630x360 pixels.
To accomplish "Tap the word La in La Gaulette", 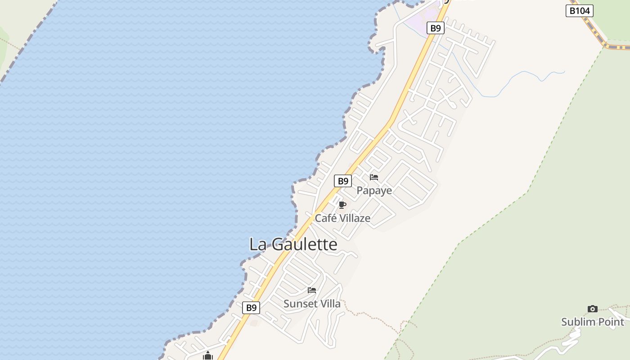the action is click(259, 244).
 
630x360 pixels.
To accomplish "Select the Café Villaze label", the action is click(342, 218).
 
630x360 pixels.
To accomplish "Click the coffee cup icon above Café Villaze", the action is click(342, 205).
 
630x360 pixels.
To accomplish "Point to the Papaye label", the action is click(374, 190).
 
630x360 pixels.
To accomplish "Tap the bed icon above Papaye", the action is click(374, 177).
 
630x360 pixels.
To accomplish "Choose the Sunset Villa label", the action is click(312, 304).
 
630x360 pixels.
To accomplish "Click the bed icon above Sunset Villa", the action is click(312, 290).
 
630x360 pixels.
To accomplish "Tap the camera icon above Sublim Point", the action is click(593, 309).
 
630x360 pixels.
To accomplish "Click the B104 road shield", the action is click(579, 11).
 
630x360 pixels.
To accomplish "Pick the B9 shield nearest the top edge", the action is click(435, 28).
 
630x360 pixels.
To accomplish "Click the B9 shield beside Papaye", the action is click(343, 181).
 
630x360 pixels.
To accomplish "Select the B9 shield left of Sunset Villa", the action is click(251, 308).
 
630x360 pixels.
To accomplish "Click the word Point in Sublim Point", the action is click(611, 322).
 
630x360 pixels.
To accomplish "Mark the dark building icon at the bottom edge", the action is click(207, 356).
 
